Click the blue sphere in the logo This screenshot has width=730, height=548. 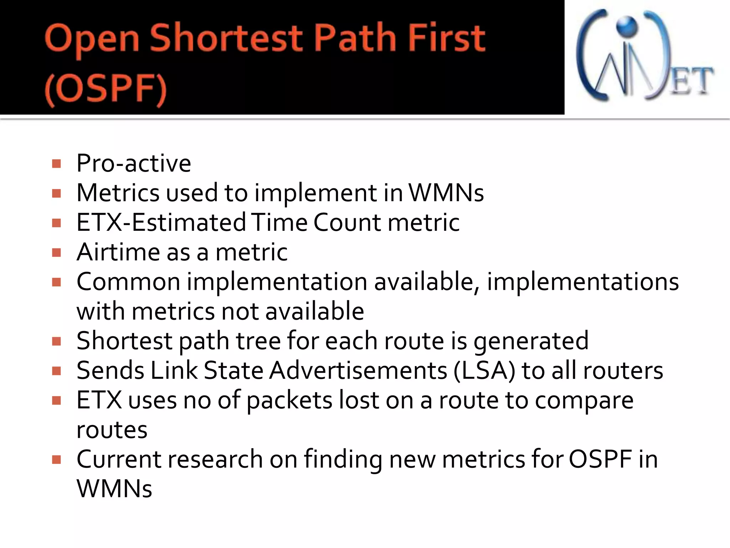(627, 25)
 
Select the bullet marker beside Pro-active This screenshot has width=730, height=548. (56, 164)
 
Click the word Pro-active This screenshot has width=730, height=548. (134, 163)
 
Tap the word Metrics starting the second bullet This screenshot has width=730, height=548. (118, 193)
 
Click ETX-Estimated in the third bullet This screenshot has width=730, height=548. (161, 222)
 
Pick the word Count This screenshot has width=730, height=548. (347, 222)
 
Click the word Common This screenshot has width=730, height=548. (128, 281)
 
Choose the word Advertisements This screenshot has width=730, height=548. (358, 370)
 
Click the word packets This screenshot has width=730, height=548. (289, 400)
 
